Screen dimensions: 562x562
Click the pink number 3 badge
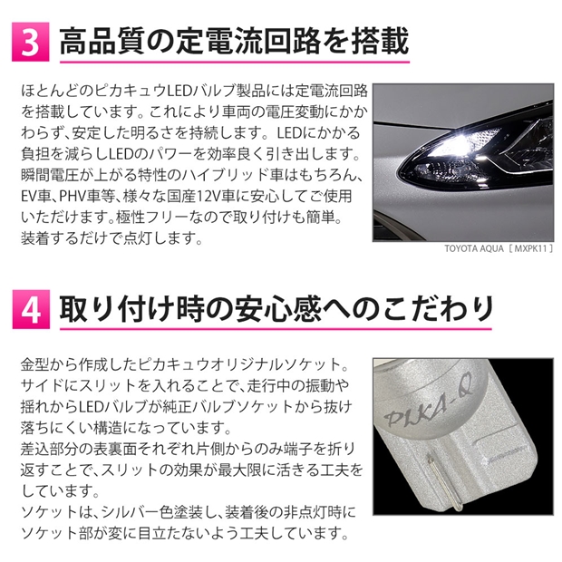tap(31, 42)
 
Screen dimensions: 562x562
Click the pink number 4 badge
tap(31, 309)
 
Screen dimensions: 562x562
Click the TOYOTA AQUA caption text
tap(474, 248)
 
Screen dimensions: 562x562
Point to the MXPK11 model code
tap(530, 248)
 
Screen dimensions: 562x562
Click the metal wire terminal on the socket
tap(444, 480)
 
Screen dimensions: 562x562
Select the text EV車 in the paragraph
tap(36, 197)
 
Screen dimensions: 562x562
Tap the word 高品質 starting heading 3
tap(102, 42)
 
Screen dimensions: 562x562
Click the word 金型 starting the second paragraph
tap(34, 364)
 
